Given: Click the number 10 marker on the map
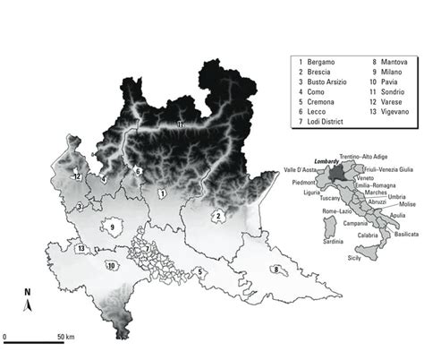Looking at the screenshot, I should (113, 265).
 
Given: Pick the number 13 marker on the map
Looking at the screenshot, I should (81, 248).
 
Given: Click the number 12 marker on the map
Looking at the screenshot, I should (79, 177).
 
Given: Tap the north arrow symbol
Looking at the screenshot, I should (27, 304).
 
